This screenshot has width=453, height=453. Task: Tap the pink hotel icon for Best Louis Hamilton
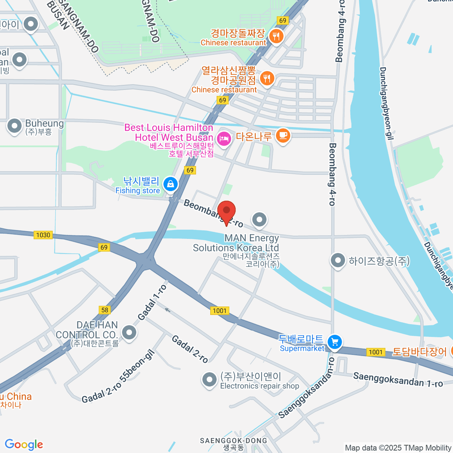coord(224,139)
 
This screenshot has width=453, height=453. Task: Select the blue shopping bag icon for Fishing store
coord(170,184)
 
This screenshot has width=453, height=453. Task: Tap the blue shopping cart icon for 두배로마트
coord(334,342)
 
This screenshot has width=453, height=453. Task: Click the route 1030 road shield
coord(43,235)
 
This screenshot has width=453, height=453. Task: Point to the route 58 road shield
coord(105,310)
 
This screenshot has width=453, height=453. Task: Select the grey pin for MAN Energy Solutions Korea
coord(259,219)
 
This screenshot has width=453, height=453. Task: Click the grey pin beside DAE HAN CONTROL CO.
coord(129,333)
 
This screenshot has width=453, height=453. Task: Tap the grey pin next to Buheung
coord(15,126)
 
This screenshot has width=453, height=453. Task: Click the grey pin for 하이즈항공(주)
coord(337,260)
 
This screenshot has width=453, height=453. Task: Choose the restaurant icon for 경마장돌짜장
coord(276,36)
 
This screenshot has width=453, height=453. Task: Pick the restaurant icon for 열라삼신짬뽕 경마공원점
coord(267,79)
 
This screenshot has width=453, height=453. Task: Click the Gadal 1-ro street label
coord(152,302)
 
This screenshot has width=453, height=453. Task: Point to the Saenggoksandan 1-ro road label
coord(398,379)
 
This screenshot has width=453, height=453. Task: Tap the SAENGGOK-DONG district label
coord(233,441)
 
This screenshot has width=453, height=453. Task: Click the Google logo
coord(24,444)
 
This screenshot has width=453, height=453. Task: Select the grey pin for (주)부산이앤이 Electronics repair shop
coord(209,380)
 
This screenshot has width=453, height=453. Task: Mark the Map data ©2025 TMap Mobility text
coord(398,448)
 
